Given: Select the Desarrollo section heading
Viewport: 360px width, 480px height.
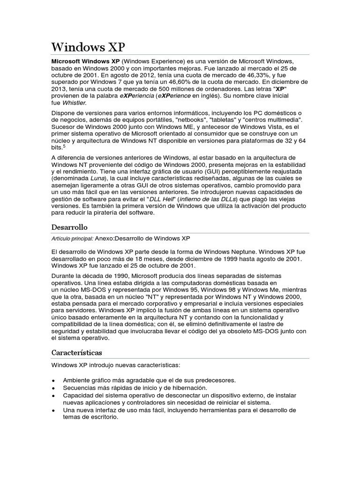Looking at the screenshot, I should point(69,227).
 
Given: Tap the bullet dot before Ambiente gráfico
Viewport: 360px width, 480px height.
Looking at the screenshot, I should point(54,380).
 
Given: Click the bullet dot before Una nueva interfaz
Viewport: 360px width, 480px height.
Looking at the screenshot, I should point(54,411).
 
